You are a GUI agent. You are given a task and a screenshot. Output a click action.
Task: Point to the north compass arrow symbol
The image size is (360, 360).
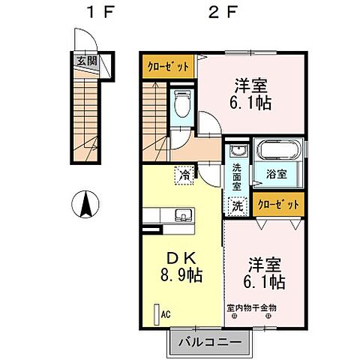86,203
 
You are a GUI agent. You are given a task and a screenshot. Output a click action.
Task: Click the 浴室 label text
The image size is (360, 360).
277,175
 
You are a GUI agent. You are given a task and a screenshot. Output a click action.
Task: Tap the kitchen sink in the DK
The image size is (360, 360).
183,217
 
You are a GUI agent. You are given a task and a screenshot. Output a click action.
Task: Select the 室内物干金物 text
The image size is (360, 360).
252,307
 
